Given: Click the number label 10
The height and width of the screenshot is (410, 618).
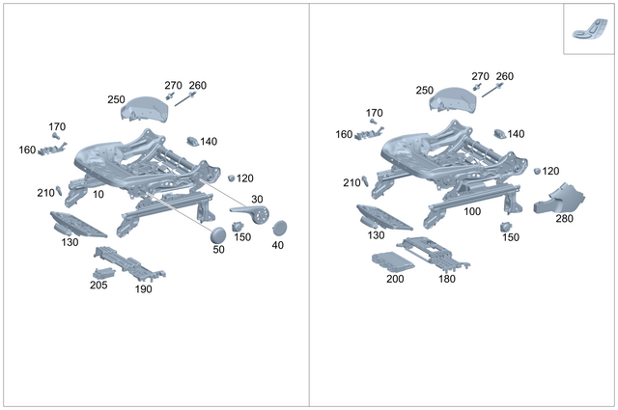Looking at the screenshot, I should tap(98, 194).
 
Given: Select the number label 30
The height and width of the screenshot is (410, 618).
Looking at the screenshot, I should tap(257, 199).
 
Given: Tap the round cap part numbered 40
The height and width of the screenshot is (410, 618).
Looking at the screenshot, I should tap(281, 229).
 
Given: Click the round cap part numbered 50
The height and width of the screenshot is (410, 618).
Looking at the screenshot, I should tap(219, 233).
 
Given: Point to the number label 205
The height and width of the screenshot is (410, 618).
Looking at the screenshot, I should tap(98, 285).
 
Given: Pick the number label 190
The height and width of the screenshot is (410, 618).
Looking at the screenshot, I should tap(144, 289).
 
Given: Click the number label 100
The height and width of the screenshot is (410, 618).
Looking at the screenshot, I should tap(472, 210).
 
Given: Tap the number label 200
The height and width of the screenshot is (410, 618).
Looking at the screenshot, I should tap(395, 279).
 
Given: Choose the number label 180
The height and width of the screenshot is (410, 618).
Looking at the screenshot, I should tap(447, 279).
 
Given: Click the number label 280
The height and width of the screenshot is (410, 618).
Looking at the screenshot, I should tap(564, 219).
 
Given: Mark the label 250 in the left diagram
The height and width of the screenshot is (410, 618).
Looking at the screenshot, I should tap(117, 99).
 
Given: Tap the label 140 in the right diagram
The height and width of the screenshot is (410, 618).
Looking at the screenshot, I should tap(517, 134).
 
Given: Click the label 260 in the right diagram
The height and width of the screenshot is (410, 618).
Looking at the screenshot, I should tap(504, 76).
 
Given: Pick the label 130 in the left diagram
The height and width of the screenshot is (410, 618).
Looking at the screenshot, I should tap(70, 242).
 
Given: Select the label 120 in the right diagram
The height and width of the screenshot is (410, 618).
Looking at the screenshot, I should tap(550, 171).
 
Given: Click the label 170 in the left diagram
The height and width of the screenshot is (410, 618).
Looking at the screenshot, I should tap(57, 126).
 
